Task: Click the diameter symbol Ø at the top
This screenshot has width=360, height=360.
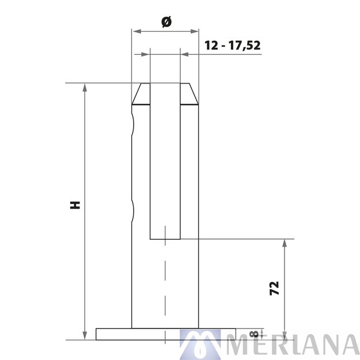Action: tap(166, 21)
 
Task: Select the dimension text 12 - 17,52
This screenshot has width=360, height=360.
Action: tap(233, 46)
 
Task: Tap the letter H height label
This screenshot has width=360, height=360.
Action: tap(74, 205)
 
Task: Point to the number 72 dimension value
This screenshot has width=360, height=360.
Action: tap(274, 288)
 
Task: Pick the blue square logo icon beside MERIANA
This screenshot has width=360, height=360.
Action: tap(200, 344)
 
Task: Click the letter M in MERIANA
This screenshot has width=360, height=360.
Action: tap(238, 344)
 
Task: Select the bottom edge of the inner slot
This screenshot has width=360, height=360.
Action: tap(165, 238)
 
